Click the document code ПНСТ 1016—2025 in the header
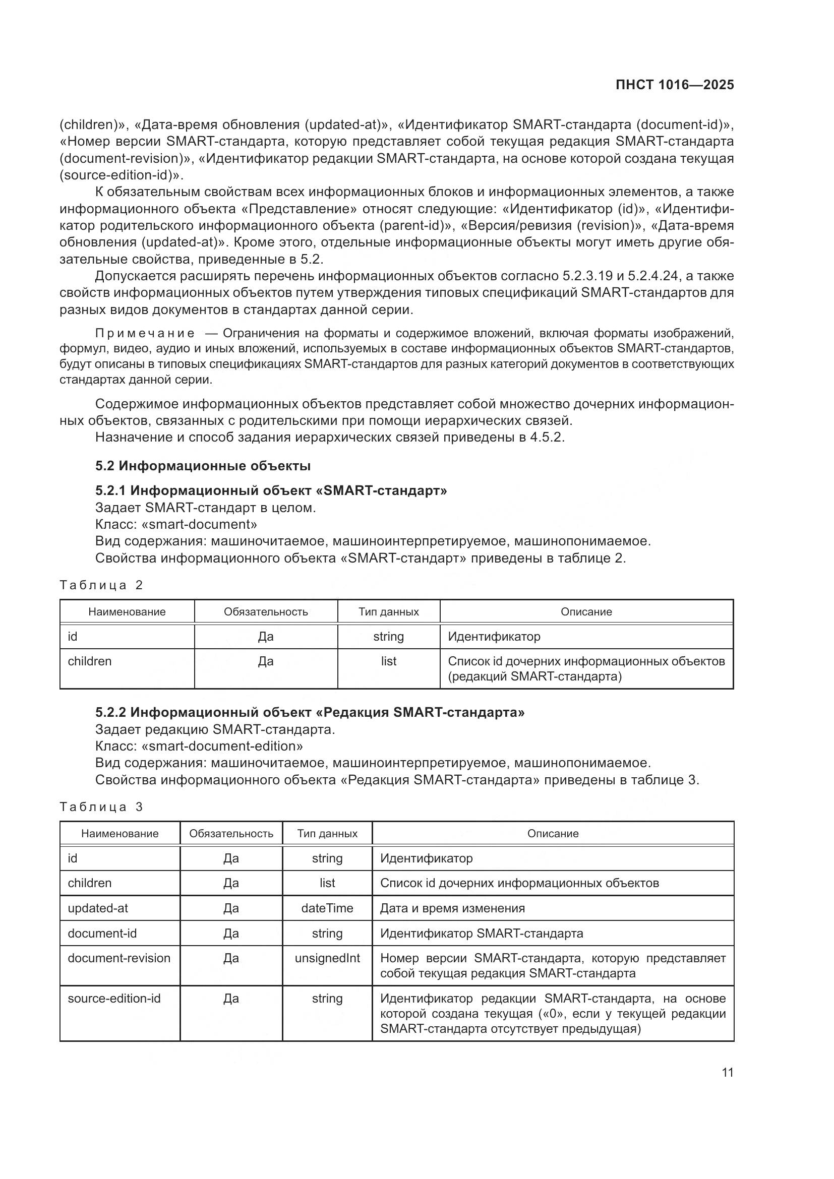coord(674,85)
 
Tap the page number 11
coord(727,1072)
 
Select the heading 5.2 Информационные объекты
coord(203,466)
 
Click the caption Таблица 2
coord(101,585)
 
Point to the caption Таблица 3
coord(101,806)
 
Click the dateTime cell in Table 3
coord(327,908)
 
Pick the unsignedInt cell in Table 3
coord(327,958)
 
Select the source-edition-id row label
coord(114,998)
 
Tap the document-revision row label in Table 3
coord(118,958)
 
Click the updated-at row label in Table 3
coord(98,908)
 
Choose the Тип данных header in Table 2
coord(388,611)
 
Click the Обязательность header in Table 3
coord(231,833)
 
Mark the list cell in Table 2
coord(388,661)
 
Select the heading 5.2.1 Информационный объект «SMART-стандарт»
coord(271,490)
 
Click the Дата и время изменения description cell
coord(452,908)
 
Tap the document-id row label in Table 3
coord(102,933)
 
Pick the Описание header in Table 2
coord(586,611)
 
